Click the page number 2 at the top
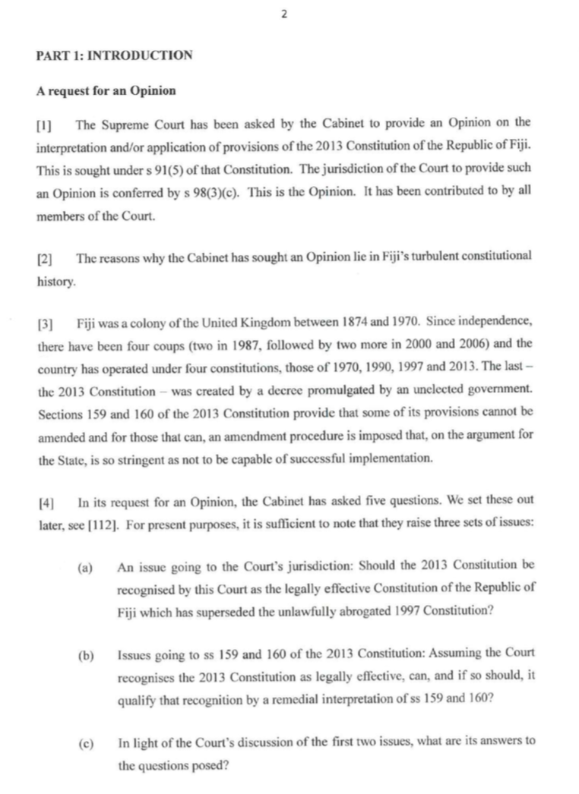pos(283,13)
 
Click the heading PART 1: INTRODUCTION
pos(114,55)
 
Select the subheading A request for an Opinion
pos(106,91)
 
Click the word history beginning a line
pos(55,282)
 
